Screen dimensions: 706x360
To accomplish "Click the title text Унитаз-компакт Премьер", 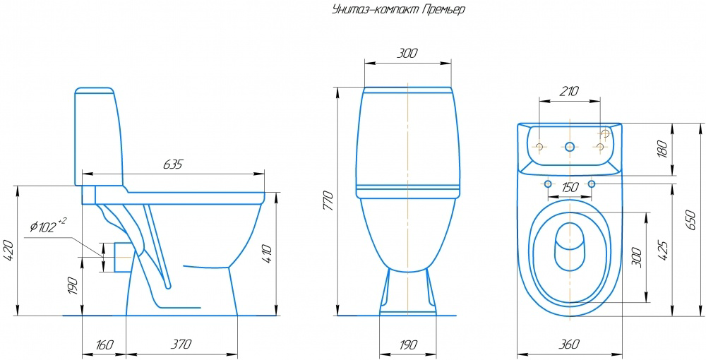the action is pos(398,10).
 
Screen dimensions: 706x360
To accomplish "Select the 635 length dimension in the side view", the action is pos(172,164).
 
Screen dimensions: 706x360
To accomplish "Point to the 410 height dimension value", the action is pos(266,255).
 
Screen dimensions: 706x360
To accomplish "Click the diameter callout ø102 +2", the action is pos(48,226).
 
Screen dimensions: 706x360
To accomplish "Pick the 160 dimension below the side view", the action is pos(104,344).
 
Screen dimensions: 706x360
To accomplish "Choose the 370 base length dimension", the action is pos(181,344).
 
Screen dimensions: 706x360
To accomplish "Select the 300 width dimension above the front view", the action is pos(407,54).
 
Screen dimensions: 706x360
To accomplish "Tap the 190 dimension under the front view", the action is pos(407,344).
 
